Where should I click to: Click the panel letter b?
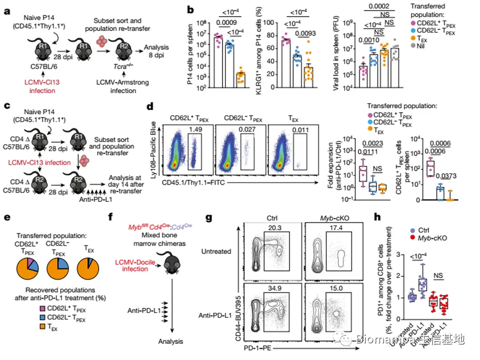coord(190,9)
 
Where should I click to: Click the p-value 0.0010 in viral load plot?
coord(366,40)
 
